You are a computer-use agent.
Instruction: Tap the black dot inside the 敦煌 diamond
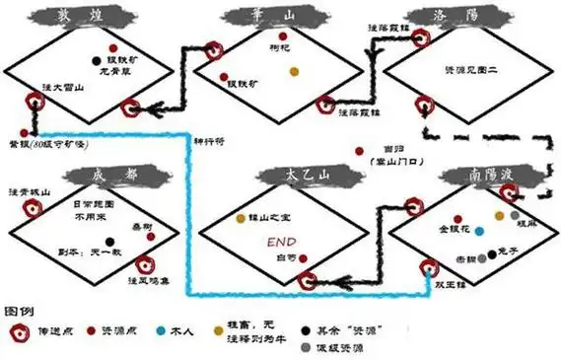[x=95, y=59]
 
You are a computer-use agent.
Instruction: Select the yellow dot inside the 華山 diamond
[x=293, y=71]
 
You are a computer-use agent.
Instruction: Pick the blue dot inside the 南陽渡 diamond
[x=479, y=231]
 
